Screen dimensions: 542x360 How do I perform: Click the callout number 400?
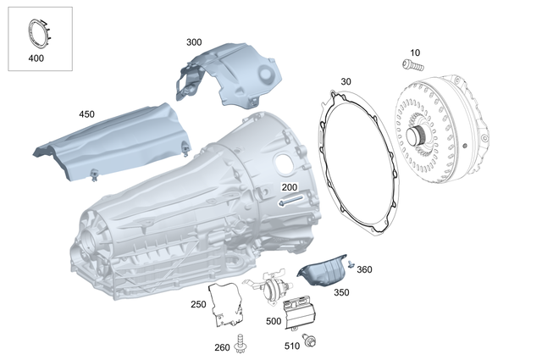click(x=36, y=58)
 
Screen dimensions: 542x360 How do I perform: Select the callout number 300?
click(x=194, y=42)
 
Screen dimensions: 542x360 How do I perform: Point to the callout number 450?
click(x=86, y=114)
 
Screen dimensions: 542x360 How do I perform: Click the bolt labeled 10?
click(x=412, y=65)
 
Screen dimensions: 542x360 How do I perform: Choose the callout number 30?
click(x=346, y=81)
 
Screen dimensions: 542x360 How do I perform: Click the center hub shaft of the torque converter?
click(x=414, y=136)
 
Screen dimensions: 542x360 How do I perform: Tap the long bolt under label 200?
click(x=290, y=201)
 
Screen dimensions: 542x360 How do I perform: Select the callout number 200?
click(x=290, y=187)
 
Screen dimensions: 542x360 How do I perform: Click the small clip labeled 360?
click(x=351, y=264)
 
